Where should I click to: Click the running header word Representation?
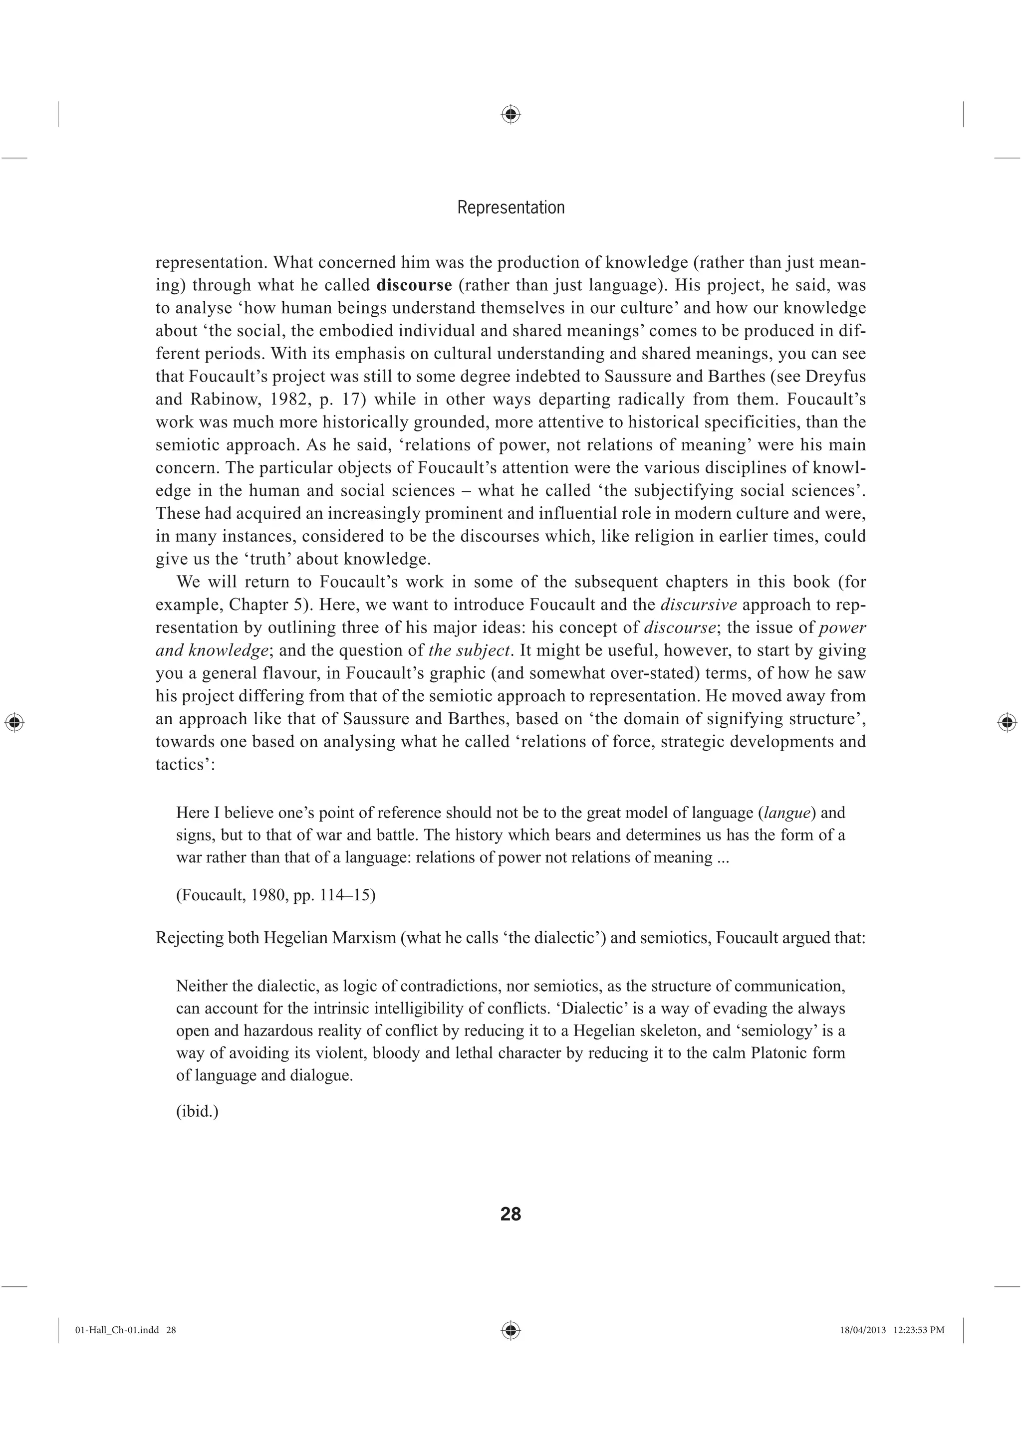511,207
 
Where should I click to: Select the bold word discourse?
414,285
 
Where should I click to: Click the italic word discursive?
698,605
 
